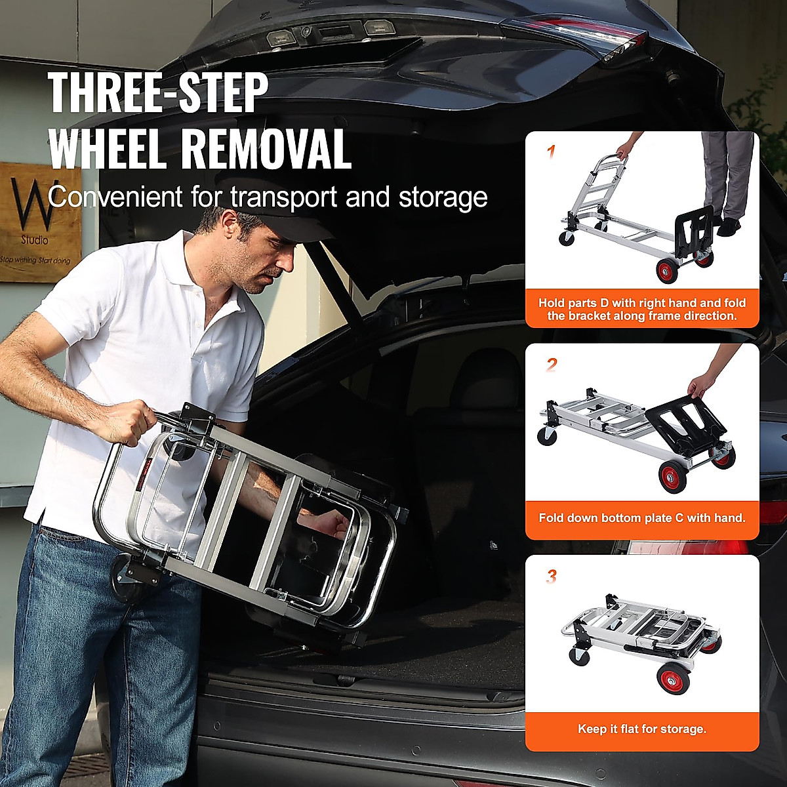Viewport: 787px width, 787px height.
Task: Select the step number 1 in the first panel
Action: point(551,152)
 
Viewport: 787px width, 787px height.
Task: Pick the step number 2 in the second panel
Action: point(551,365)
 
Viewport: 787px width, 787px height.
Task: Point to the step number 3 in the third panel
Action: point(552,576)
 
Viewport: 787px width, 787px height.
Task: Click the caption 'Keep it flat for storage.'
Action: point(642,729)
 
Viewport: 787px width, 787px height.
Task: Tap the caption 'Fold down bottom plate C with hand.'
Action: point(642,517)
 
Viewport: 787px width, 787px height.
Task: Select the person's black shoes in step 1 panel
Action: point(725,226)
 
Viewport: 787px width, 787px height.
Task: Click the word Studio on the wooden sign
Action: point(34,240)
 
